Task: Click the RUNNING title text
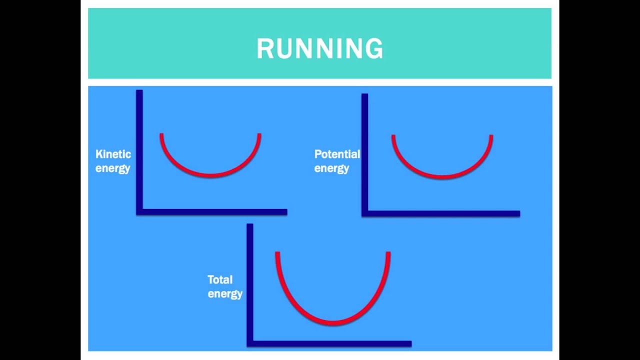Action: [320, 49]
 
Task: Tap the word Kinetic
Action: [113, 154]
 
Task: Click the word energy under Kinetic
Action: [112, 168]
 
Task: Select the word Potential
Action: [337, 154]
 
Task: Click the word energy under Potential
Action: [331, 168]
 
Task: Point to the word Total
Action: [220, 280]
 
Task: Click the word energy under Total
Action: [225, 294]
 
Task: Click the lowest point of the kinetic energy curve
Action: [210, 175]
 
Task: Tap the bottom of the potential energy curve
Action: [442, 176]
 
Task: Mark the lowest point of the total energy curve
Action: [332, 322]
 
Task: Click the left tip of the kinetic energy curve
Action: [161, 134]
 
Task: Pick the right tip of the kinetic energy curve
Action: [259, 134]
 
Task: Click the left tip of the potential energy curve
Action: [393, 136]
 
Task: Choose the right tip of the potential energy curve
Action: [491, 136]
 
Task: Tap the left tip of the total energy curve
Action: [277, 253]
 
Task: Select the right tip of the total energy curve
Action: [388, 253]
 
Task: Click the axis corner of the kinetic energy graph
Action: [139, 212]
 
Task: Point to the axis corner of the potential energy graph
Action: [365, 213]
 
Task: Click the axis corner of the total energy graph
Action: [250, 343]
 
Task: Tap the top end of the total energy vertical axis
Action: [250, 225]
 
